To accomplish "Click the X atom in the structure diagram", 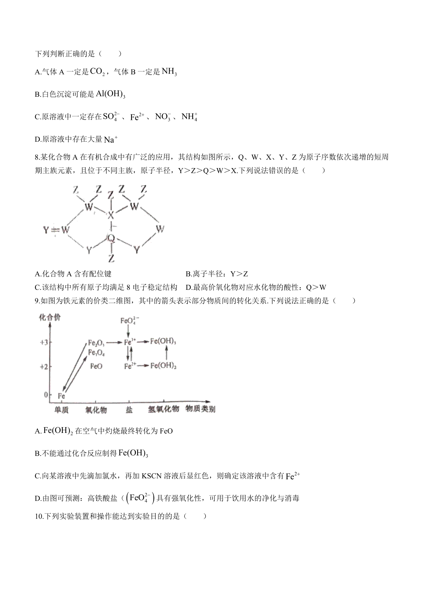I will coord(111,215).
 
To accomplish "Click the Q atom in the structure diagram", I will coord(111,238).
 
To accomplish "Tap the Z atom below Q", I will coord(112,258).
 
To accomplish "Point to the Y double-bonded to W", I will coord(46,230).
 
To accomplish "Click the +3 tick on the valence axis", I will coord(44,342).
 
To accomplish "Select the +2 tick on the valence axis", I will coord(44,367).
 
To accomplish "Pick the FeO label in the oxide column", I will coord(96,367).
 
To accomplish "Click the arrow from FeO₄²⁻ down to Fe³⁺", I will coord(128,332).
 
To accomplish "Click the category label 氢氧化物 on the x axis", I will coord(163,409).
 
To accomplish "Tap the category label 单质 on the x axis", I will coord(61,410).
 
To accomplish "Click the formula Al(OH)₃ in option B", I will coord(111,94).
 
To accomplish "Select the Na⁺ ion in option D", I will coord(111,140).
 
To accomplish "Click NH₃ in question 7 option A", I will coord(169,72).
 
